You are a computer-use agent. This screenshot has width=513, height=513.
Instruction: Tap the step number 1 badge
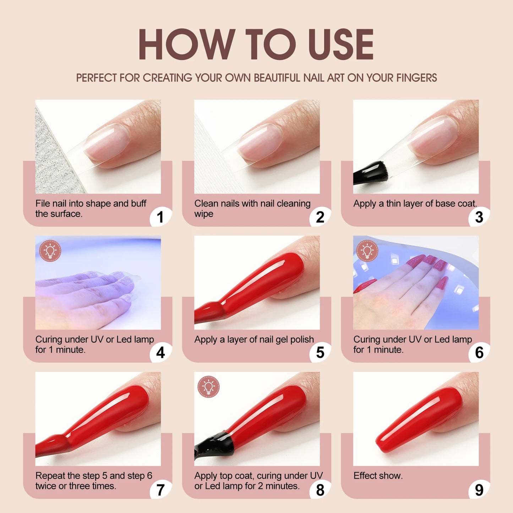pyautogui.click(x=160, y=217)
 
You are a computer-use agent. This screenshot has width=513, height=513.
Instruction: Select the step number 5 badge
pyautogui.click(x=320, y=353)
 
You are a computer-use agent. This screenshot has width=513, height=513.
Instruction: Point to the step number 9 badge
pyautogui.click(x=479, y=490)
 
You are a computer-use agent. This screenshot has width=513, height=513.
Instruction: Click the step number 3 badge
pyautogui.click(x=479, y=217)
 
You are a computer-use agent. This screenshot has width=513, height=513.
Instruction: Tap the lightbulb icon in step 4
pyautogui.click(x=50, y=251)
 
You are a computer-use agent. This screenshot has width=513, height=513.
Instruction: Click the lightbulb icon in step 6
pyautogui.click(x=367, y=251)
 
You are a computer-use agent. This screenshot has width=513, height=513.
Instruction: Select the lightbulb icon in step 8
pyautogui.click(x=208, y=387)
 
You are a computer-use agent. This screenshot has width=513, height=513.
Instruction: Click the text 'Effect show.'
pyautogui.click(x=378, y=476)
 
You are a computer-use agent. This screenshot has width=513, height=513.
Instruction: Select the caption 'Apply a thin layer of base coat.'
pyautogui.click(x=415, y=203)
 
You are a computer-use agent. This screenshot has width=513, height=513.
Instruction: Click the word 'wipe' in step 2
pyautogui.click(x=204, y=214)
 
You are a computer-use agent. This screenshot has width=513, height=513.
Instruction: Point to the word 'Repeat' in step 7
pyautogui.click(x=50, y=476)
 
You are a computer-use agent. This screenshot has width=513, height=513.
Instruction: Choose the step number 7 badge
pyautogui.click(x=160, y=490)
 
